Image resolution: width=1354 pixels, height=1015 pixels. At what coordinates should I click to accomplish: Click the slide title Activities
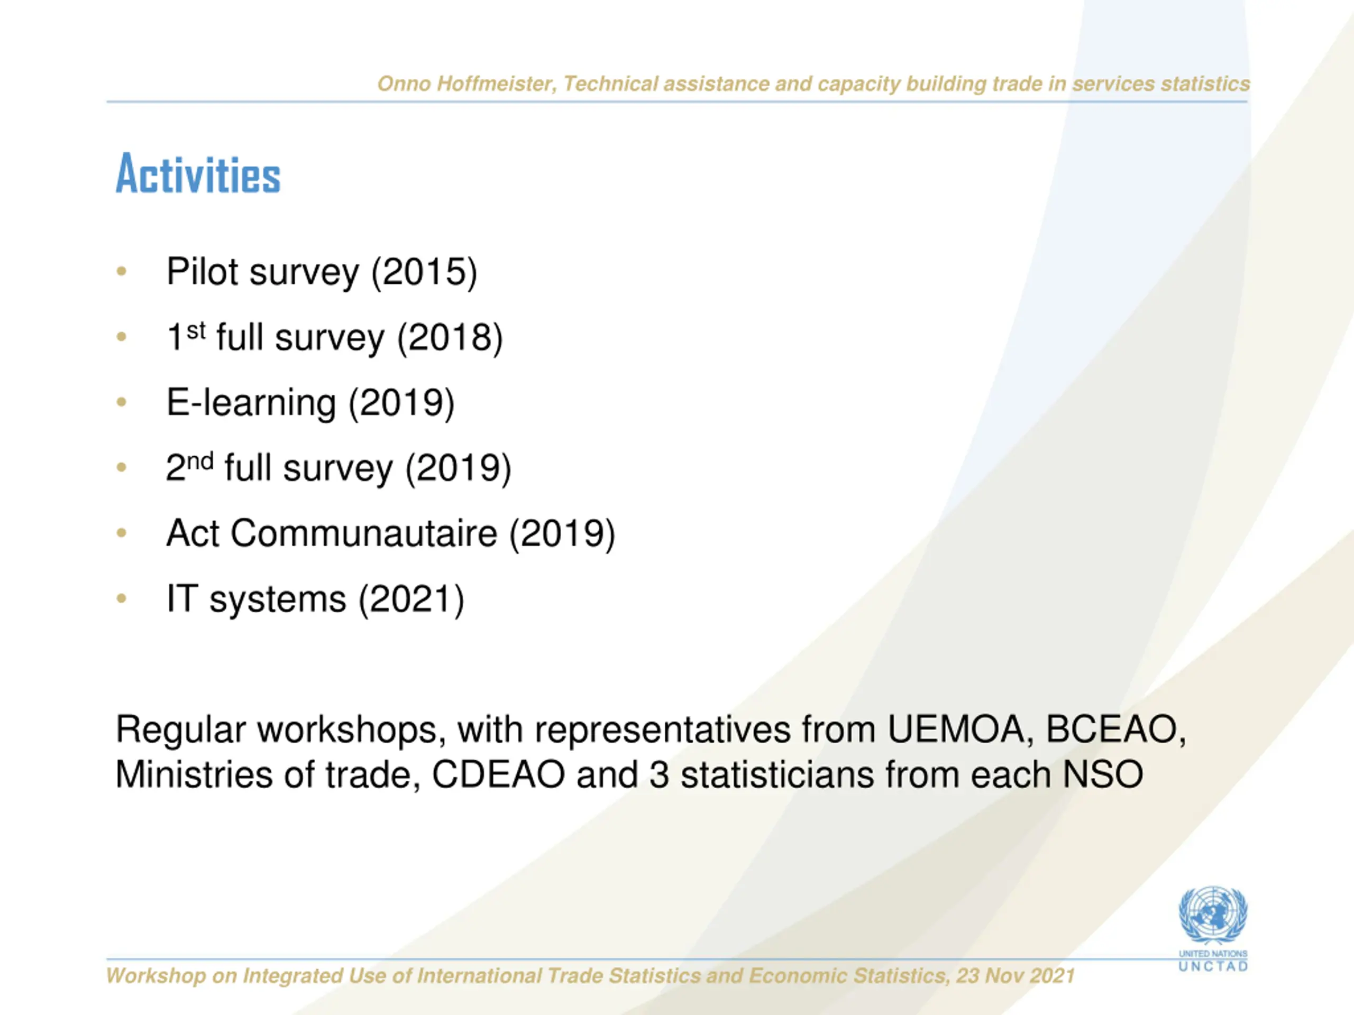click(198, 174)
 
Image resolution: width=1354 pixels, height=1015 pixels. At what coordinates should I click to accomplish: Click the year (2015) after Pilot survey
click(424, 272)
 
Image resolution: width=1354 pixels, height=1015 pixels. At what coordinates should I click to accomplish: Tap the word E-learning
click(251, 403)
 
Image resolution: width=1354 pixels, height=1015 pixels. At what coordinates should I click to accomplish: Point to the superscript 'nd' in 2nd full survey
click(199, 460)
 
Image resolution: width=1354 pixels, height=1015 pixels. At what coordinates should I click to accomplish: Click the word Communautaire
click(363, 533)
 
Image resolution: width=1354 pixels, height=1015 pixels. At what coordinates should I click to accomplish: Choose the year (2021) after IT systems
click(411, 598)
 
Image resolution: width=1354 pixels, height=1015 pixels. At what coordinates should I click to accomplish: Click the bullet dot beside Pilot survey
click(121, 271)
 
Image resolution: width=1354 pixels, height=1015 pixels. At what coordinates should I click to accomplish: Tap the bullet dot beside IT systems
click(121, 598)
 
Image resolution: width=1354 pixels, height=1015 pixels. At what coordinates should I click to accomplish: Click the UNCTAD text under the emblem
click(1213, 967)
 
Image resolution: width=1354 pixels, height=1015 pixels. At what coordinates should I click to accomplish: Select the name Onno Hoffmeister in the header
click(466, 84)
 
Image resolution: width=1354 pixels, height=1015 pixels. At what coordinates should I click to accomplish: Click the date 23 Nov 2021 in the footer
click(1015, 976)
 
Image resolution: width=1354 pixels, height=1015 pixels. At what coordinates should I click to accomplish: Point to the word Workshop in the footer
click(156, 976)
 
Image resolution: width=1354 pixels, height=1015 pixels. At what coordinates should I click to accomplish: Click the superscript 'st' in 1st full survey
click(196, 330)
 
